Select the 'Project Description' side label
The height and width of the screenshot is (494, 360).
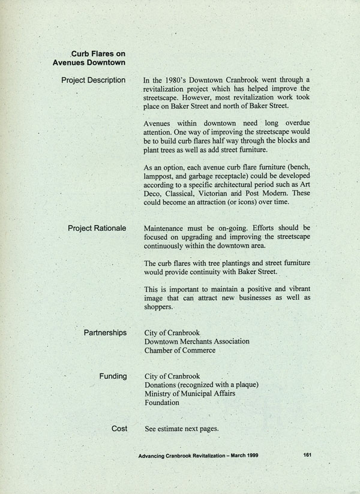[x=93, y=80]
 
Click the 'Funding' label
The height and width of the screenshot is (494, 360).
[x=113, y=376]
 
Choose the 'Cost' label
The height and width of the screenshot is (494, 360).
[x=119, y=428]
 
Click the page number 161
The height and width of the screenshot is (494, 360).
[x=307, y=455]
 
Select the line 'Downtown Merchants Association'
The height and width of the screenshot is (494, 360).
[x=197, y=341]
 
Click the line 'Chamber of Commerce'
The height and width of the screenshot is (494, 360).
[x=179, y=350]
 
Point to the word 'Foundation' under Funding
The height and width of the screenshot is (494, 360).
[x=162, y=403]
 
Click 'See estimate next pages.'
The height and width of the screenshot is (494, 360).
[x=182, y=429]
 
